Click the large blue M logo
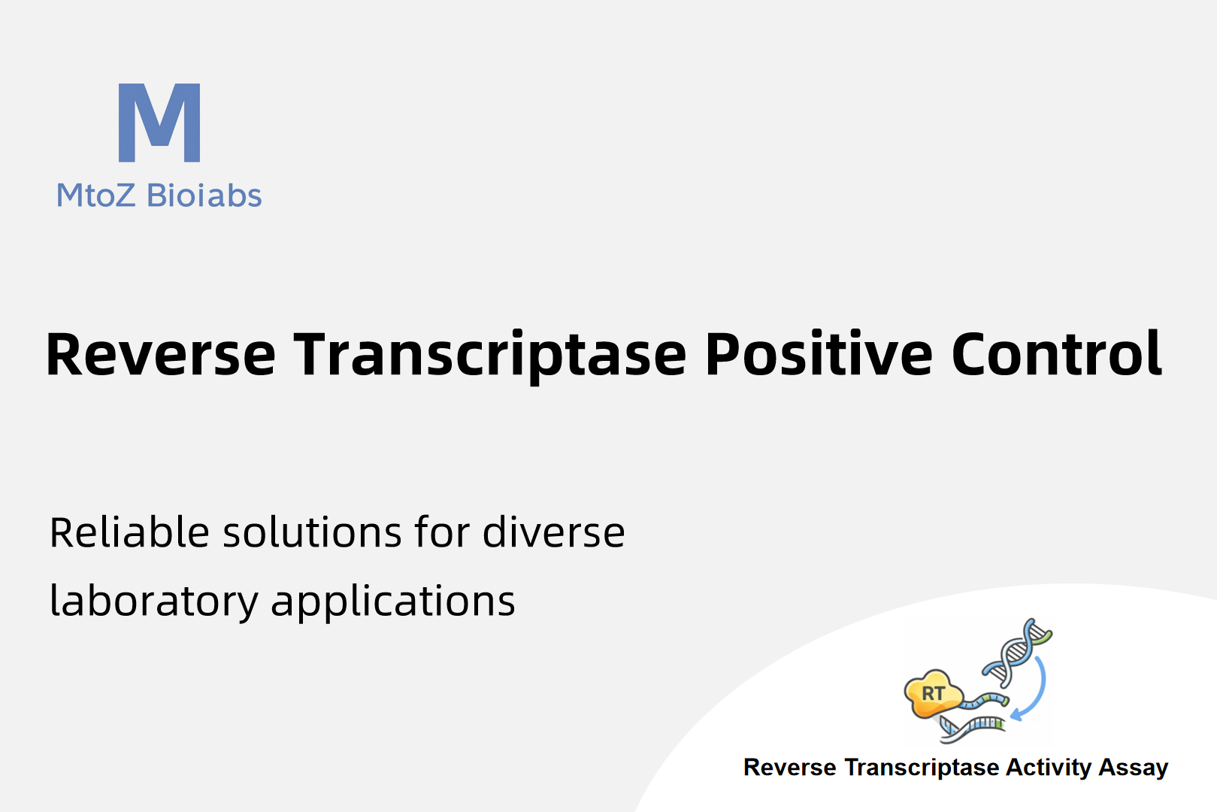[159, 123]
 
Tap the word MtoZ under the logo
[95, 195]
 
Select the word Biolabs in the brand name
[204, 195]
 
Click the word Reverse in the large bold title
[161, 354]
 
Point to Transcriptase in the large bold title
[489, 356]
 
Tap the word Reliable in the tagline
[129, 532]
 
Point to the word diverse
[554, 532]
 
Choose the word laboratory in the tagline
[154, 602]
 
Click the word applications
[393, 602]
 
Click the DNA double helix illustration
[1016, 652]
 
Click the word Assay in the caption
[1134, 768]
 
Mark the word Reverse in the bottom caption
[790, 768]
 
